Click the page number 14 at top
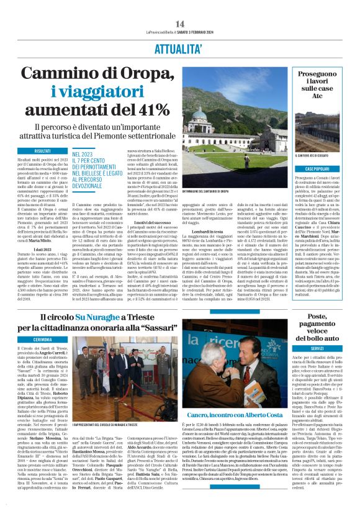[180, 24]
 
